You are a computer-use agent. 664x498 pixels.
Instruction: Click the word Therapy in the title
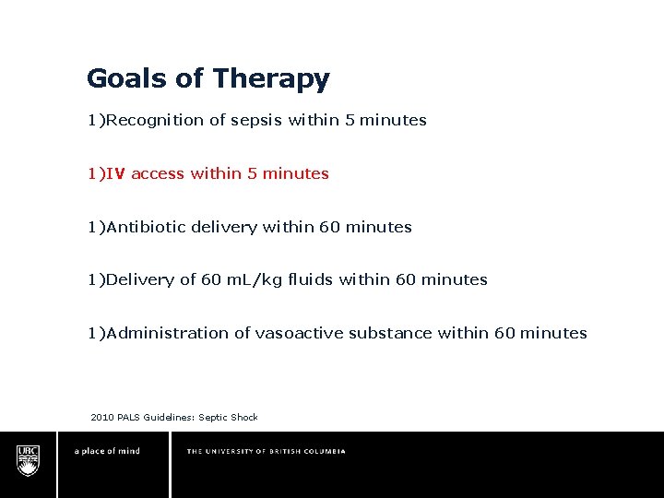tap(270, 79)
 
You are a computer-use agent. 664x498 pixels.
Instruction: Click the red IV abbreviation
tap(116, 173)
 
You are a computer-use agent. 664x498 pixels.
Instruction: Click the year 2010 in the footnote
tap(102, 418)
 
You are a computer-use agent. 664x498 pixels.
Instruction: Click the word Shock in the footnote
tap(244, 418)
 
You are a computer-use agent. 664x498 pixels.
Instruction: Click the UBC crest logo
tap(29, 459)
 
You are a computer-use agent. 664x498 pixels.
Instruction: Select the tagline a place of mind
tap(107, 451)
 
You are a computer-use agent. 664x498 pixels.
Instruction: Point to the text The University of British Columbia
tap(266, 451)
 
